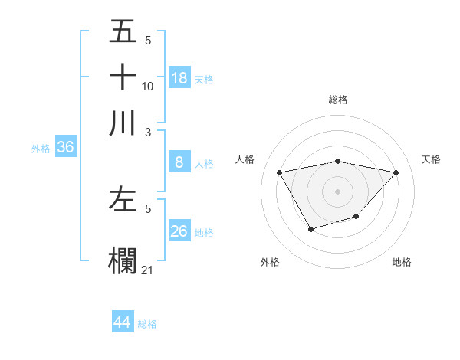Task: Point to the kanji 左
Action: (x=123, y=201)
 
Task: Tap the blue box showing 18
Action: (x=179, y=78)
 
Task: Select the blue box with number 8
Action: (x=179, y=162)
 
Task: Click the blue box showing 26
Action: (x=179, y=231)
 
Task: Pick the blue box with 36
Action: (x=65, y=148)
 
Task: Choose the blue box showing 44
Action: (x=123, y=322)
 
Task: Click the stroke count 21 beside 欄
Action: (x=147, y=270)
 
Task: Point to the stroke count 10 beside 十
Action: (x=147, y=87)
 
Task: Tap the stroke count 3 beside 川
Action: (x=148, y=132)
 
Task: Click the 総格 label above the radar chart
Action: (x=338, y=100)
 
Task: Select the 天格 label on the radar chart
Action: (x=431, y=159)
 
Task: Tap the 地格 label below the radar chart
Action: (x=402, y=262)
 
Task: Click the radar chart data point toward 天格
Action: (x=396, y=172)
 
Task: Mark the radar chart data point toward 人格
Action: (x=280, y=172)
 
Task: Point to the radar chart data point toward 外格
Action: (x=310, y=229)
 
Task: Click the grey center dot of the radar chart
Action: (x=338, y=191)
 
